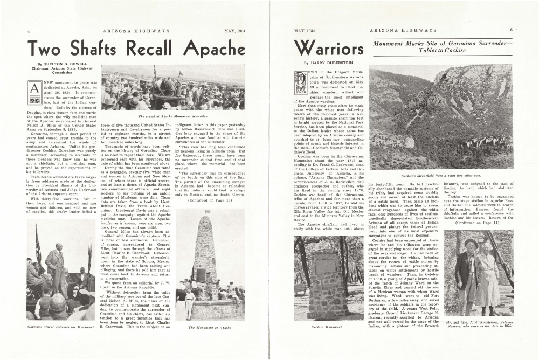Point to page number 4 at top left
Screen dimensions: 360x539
[x=28, y=31]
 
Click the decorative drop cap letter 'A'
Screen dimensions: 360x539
[x=33, y=88]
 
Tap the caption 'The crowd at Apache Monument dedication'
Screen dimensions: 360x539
[x=172, y=116]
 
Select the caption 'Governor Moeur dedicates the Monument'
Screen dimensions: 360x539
[x=57, y=327]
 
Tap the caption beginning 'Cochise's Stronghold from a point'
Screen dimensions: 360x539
[x=440, y=176]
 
